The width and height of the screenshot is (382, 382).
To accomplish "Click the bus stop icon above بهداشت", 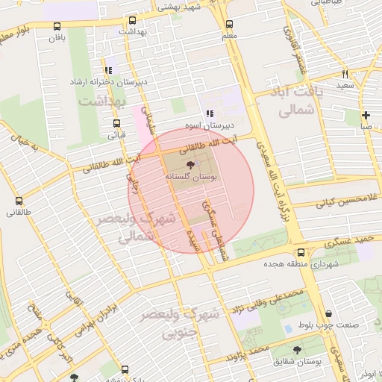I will coord(133,21).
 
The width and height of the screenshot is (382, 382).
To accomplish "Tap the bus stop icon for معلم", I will coord(229,24).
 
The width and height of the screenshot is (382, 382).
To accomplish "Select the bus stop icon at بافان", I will coord(57,24).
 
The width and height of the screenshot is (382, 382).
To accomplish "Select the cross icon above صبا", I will coord(366,115).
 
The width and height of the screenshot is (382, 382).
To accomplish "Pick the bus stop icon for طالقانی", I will coord(19,201).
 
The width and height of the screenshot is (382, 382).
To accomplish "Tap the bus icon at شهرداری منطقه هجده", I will coord(301,253).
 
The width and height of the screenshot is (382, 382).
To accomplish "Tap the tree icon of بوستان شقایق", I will coord(298,349).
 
